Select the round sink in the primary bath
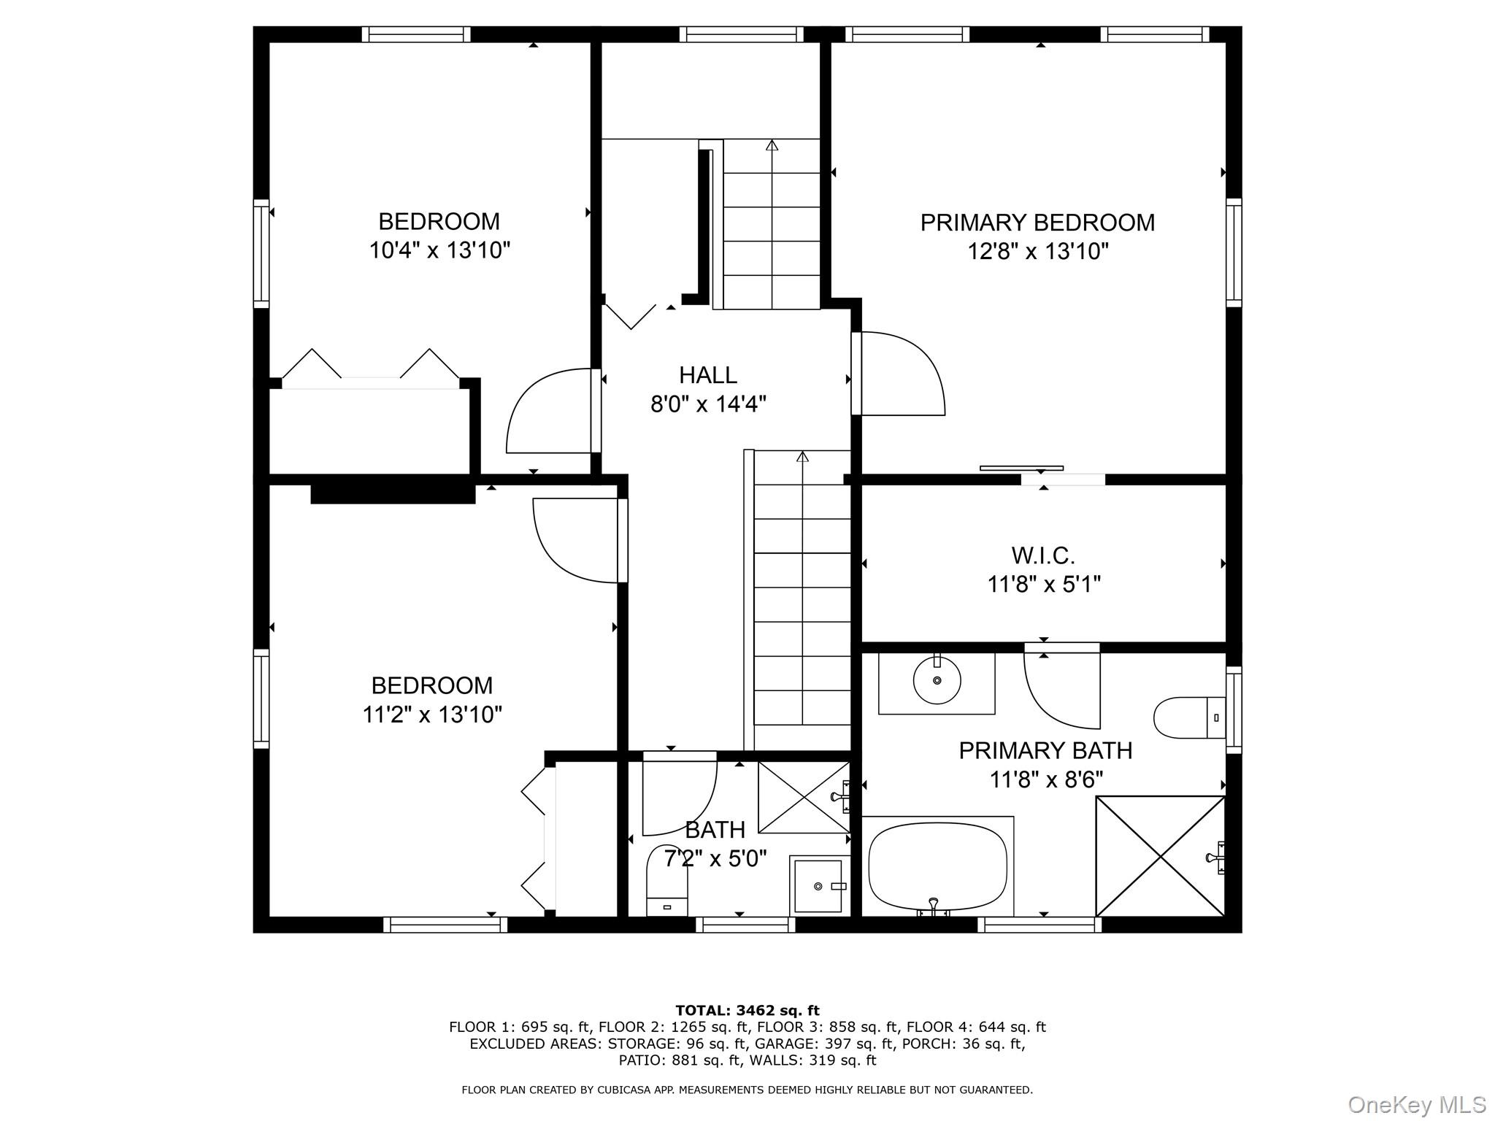click(937, 680)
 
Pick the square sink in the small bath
click(818, 885)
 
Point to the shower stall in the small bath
click(804, 797)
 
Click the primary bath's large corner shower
click(1160, 856)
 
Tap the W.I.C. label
click(1043, 555)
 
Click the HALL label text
click(708, 375)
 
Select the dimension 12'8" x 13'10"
click(1037, 252)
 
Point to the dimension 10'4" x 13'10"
click(439, 250)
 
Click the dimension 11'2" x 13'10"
click(432, 714)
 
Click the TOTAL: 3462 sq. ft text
click(747, 1010)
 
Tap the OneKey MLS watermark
click(1416, 1104)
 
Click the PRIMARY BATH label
click(1045, 750)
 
